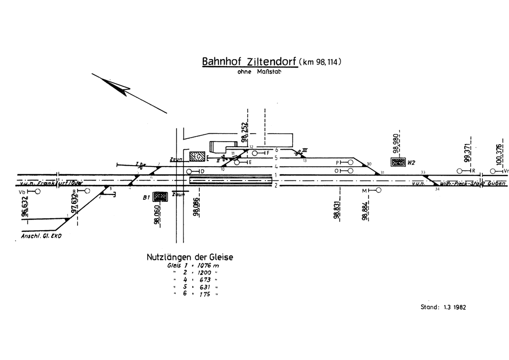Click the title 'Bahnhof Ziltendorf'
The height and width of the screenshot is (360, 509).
pyautogui.click(x=249, y=62)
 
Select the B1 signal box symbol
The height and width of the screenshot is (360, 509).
pyautogui.click(x=160, y=196)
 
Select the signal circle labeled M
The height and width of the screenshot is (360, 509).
pyautogui.click(x=379, y=190)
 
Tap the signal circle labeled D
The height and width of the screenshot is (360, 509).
pyautogui.click(x=189, y=172)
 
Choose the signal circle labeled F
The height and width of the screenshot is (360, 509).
pyautogui.click(x=255, y=153)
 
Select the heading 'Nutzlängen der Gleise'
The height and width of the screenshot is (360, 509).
pyautogui.click(x=189, y=258)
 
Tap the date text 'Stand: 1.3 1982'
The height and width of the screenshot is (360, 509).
pyautogui.click(x=443, y=307)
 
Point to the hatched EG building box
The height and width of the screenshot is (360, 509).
pyautogui.click(x=198, y=157)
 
